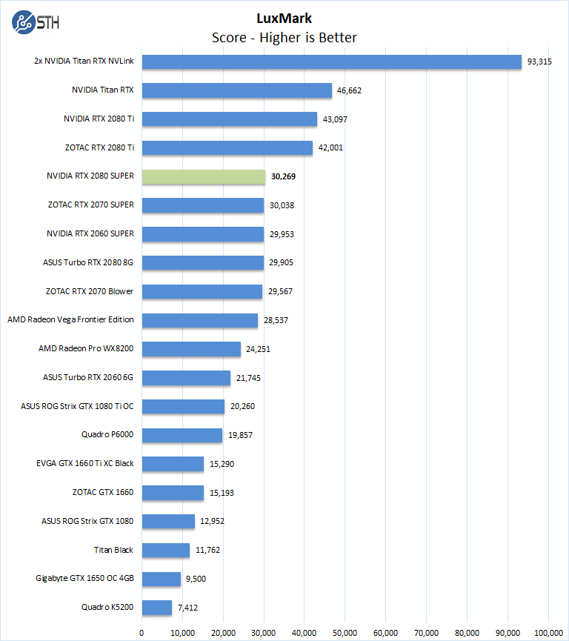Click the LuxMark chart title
click(284, 18)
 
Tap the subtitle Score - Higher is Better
click(284, 37)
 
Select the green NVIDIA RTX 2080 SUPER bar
click(203, 176)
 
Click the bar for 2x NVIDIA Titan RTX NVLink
click(332, 62)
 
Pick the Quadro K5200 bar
click(157, 608)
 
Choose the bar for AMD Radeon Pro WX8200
click(191, 349)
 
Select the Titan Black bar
click(166, 550)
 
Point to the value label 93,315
click(539, 62)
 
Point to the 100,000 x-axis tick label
click(548, 632)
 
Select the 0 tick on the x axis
click(142, 632)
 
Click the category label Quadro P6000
click(107, 435)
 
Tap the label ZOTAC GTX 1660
click(103, 492)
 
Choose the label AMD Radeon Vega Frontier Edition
click(70, 320)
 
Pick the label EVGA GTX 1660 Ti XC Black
click(84, 464)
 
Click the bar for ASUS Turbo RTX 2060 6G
click(186, 378)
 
